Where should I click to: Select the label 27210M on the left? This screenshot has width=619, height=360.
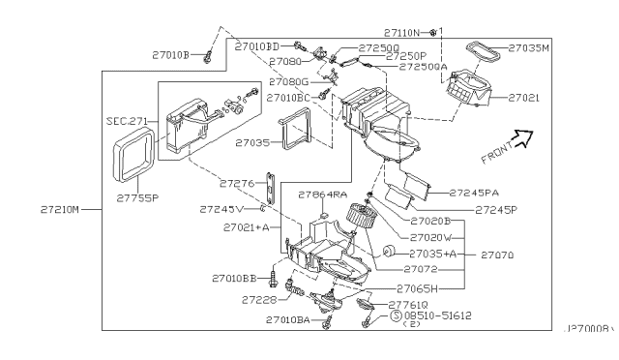45,207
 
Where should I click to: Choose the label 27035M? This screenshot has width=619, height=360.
530,46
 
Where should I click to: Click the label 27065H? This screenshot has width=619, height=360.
421,287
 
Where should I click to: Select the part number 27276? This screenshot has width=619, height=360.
236,182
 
